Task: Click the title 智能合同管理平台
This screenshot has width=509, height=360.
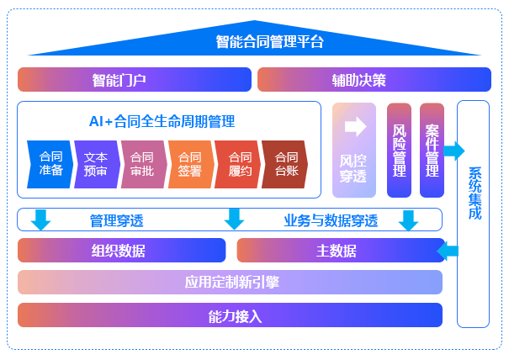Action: [269, 41]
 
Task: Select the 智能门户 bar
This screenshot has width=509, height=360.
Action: [135, 80]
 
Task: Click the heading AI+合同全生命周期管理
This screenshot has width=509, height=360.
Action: [162, 121]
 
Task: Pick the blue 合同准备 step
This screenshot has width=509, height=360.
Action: [50, 164]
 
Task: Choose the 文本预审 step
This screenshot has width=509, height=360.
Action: [96, 164]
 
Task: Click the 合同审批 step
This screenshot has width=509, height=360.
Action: [143, 164]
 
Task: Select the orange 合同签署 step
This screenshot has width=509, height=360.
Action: [190, 164]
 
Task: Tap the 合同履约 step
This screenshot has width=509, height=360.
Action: [239, 164]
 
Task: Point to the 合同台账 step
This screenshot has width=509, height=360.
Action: [285, 164]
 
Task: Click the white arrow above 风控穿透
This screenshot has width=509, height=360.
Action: [354, 126]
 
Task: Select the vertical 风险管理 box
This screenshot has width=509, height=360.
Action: [399, 151]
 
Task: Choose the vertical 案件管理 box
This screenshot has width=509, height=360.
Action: [432, 151]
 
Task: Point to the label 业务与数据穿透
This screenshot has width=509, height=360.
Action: [330, 221]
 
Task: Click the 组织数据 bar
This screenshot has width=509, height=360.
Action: [121, 251]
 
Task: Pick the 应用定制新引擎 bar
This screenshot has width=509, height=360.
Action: [230, 283]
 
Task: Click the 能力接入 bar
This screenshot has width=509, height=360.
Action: [230, 315]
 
